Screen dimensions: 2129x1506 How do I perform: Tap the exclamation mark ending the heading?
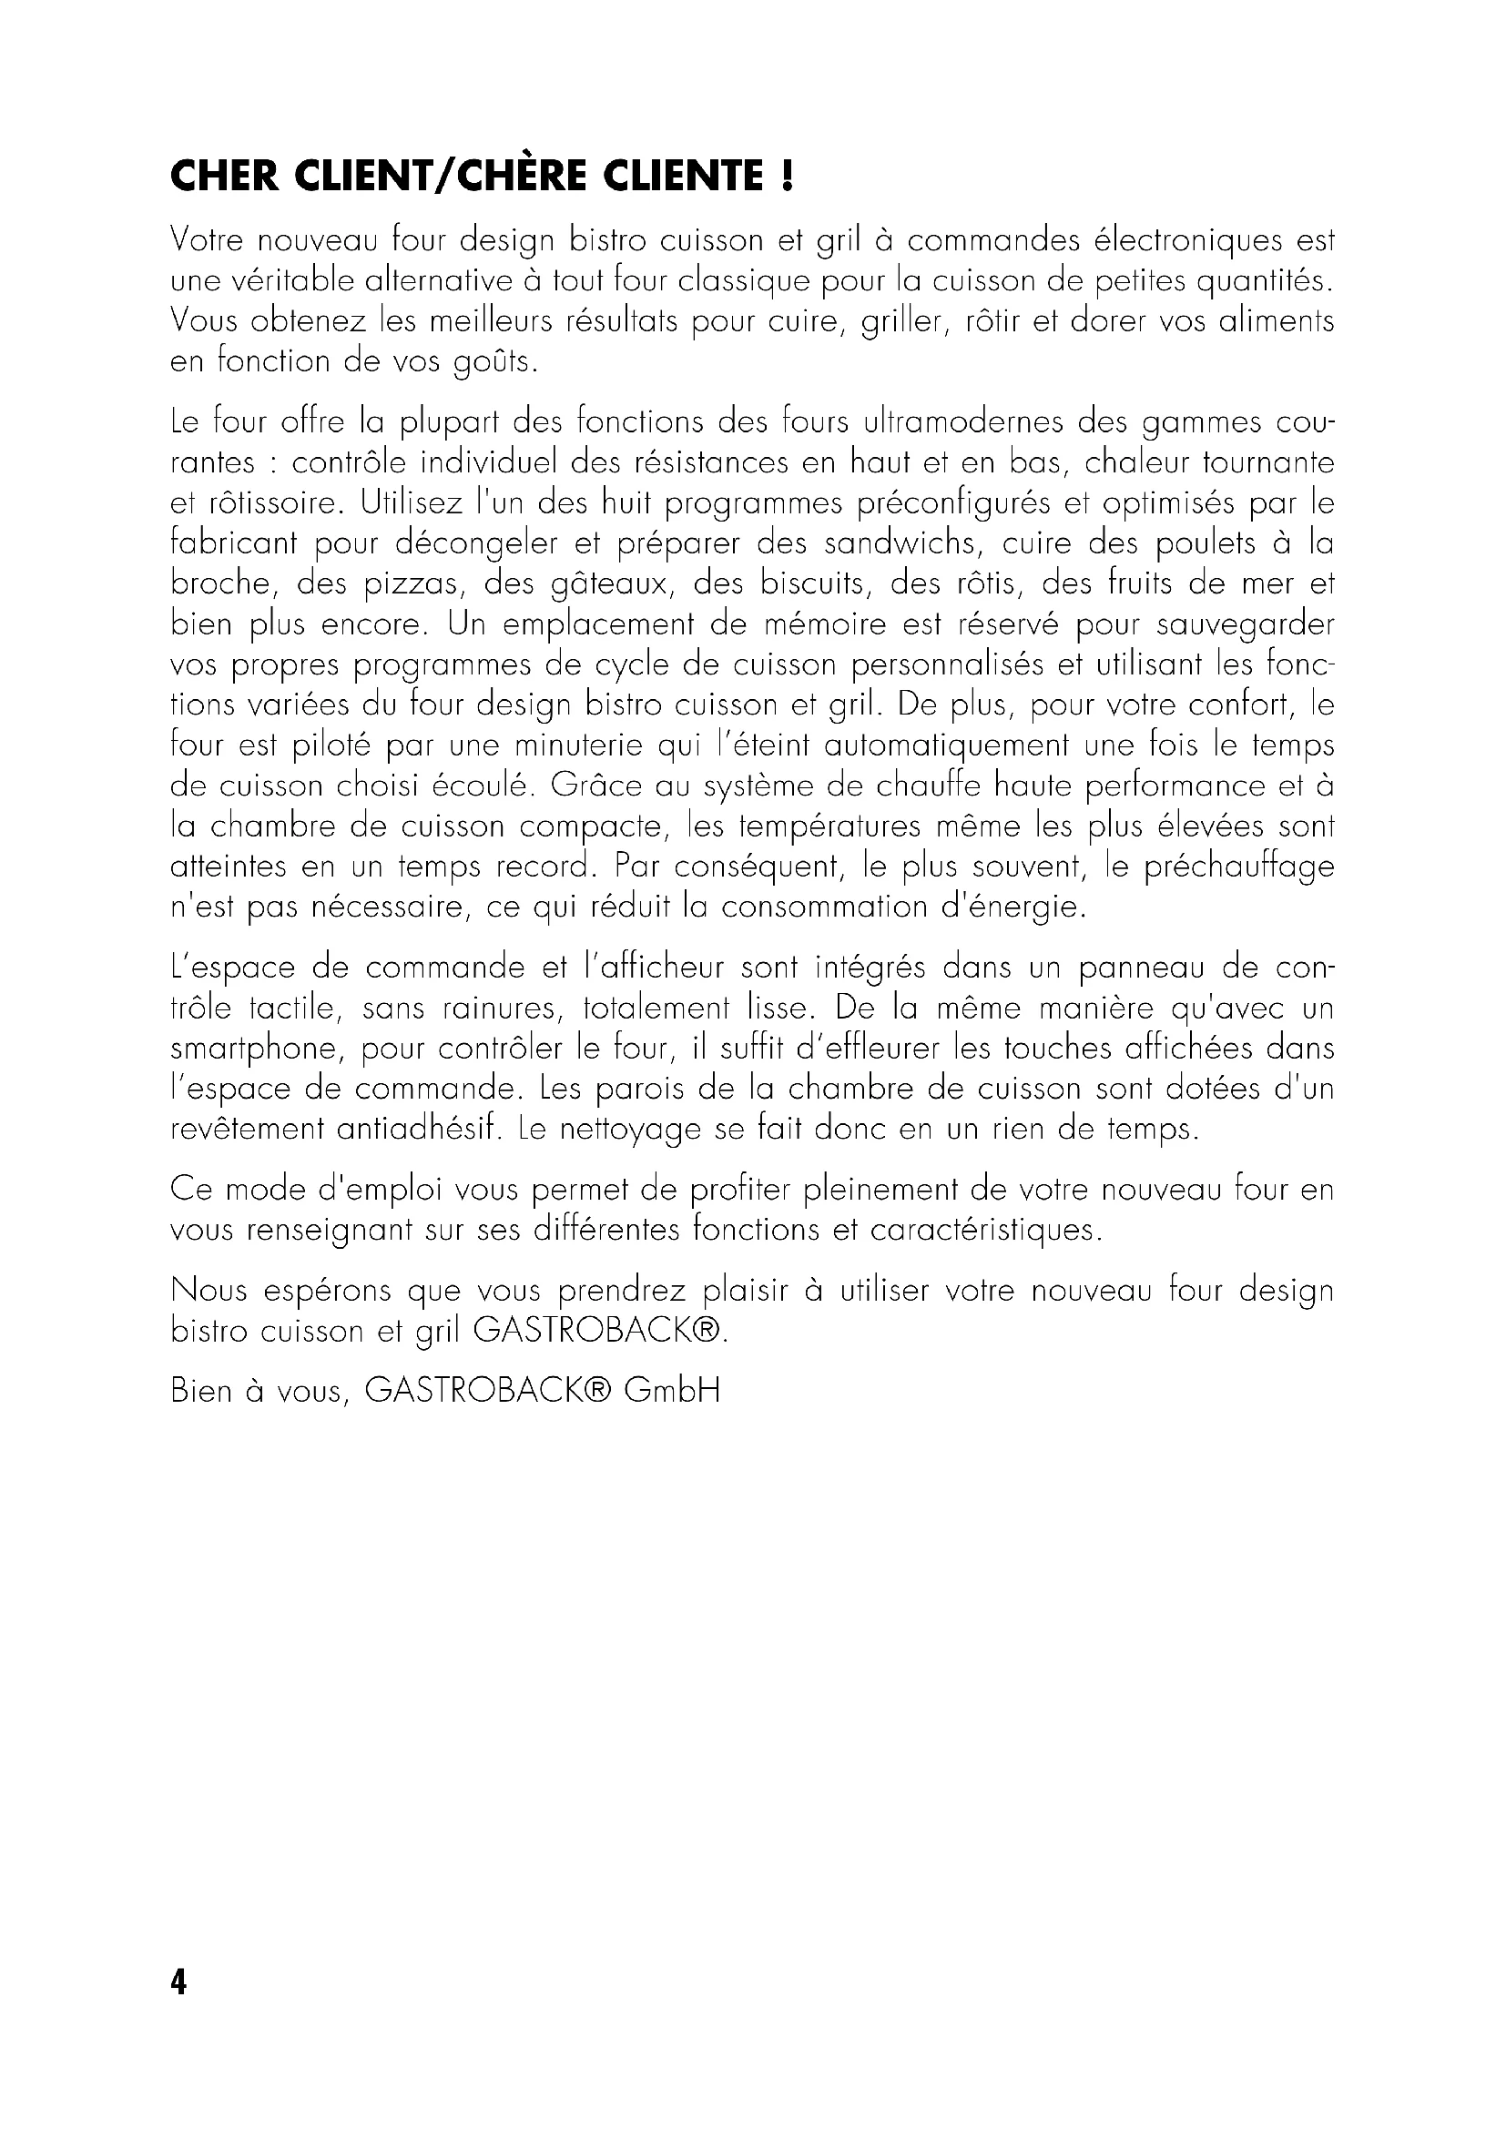(x=788, y=177)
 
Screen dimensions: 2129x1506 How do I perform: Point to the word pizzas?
(x=399, y=584)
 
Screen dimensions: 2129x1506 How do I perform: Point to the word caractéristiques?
(x=987, y=1232)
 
